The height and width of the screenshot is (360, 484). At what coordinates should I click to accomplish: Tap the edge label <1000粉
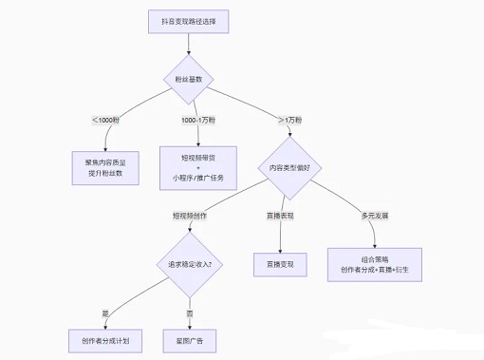pos(105,120)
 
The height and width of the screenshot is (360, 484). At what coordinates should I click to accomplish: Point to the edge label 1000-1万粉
pos(200,120)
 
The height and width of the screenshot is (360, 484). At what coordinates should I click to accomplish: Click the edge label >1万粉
pos(292,120)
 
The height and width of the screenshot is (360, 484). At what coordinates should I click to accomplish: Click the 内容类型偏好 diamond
pos(290,167)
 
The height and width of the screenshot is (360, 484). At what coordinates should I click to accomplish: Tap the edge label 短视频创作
pos(191,216)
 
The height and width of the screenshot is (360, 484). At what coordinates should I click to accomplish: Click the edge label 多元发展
pos(374,216)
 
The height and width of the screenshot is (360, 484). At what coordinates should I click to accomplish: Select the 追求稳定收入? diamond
pos(191,263)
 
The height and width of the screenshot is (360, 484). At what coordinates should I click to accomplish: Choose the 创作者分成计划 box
pos(105,339)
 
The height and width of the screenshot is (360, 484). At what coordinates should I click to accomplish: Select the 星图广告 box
pos(191,339)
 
